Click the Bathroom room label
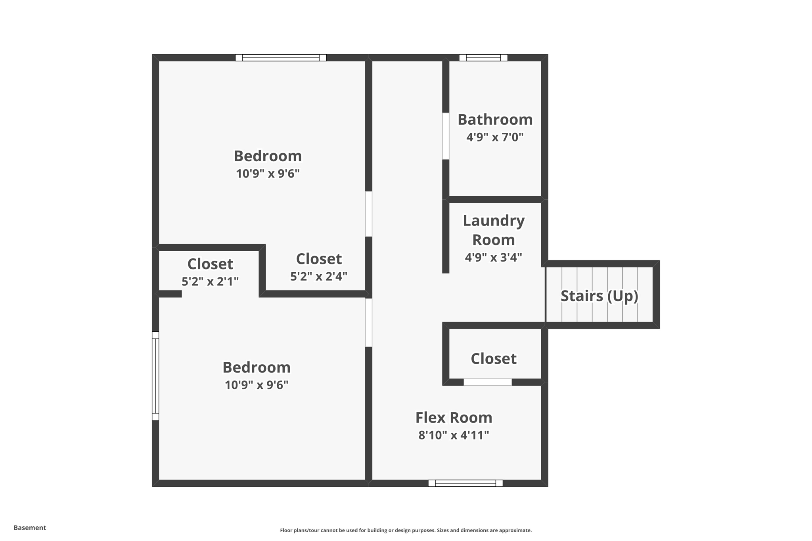(495, 120)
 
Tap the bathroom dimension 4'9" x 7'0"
(495, 137)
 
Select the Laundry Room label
(494, 230)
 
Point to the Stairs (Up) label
(599, 296)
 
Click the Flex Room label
(454, 417)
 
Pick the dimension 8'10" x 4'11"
(454, 435)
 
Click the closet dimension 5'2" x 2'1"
(210, 281)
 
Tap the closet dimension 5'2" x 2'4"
(319, 276)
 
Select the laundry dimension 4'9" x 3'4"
(493, 257)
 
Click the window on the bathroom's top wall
(483, 58)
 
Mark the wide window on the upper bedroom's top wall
(281, 58)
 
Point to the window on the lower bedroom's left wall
(155, 376)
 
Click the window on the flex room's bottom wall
(465, 483)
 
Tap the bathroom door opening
(446, 136)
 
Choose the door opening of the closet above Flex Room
(488, 382)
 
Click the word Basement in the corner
(30, 528)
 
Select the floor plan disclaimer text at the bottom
(406, 530)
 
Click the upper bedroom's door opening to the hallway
(369, 214)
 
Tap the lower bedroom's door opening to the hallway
(369, 323)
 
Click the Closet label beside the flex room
(493, 359)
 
